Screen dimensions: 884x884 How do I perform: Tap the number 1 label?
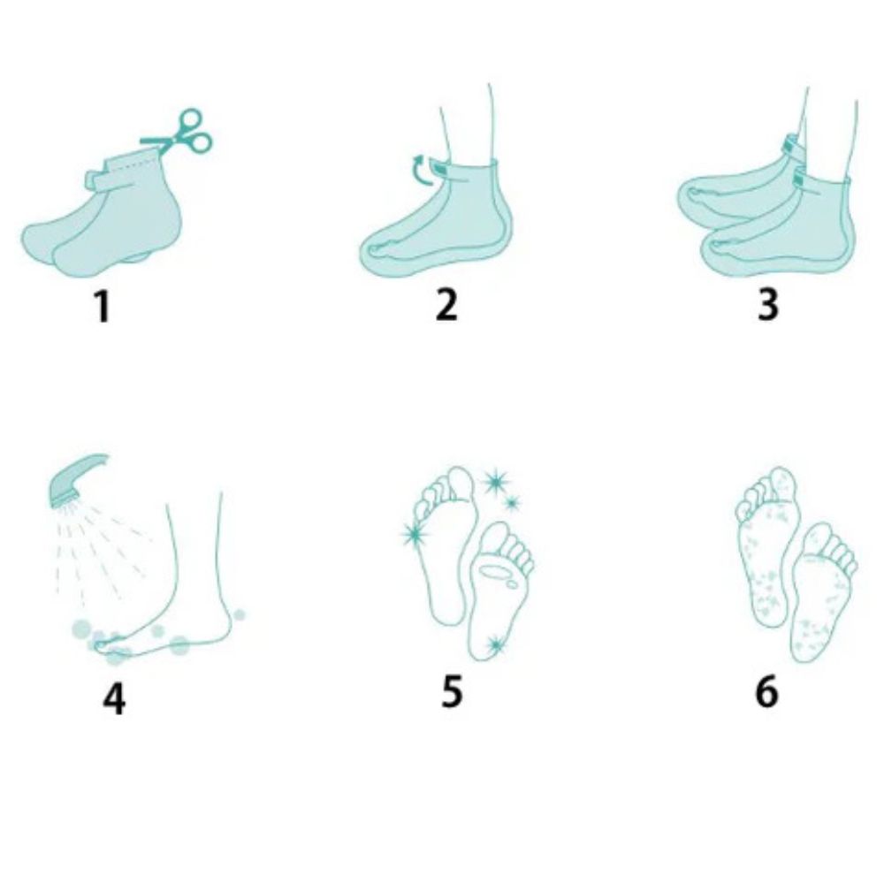[x=103, y=305]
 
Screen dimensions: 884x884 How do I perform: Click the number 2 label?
[x=446, y=305]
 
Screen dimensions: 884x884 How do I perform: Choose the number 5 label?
[x=451, y=690]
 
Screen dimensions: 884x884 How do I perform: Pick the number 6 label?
[x=766, y=690]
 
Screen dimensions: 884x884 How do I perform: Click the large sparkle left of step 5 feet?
[x=413, y=534]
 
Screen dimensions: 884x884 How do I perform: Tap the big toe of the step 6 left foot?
[x=784, y=483]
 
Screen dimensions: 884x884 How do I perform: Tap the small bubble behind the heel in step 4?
[x=240, y=613]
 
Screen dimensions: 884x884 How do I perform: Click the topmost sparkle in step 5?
[x=492, y=481]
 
